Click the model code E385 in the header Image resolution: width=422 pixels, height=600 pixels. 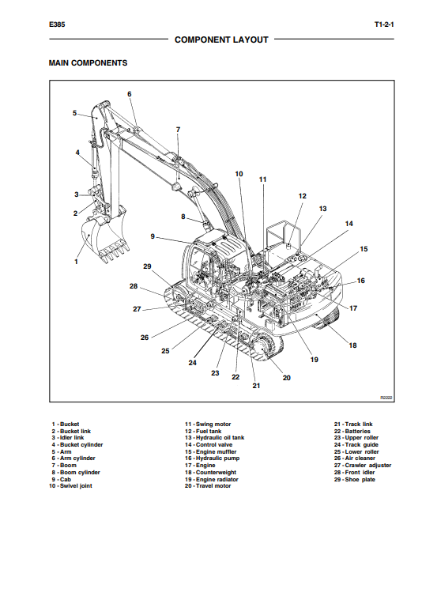pos(57,25)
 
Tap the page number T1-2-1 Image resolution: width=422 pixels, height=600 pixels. pos(384,25)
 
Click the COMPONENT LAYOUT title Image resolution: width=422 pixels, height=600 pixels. pos(221,40)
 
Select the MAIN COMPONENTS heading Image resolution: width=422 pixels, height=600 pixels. pos(88,63)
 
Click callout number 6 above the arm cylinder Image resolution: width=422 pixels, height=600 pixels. pos(130,94)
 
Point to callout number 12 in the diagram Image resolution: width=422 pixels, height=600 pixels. pos(302,196)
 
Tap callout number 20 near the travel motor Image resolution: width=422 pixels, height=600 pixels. pos(287,378)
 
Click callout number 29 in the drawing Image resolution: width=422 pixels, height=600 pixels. pos(147,266)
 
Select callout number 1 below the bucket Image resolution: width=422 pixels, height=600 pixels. pos(76,262)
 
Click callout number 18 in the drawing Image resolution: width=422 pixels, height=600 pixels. pos(352,345)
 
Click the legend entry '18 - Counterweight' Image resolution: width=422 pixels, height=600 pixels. pos(210,473)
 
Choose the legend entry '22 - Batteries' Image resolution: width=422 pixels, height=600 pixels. pos(352,432)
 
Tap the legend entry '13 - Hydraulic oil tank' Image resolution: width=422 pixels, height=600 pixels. pos(214,438)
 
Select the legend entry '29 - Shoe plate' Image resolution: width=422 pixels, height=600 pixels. pos(354,480)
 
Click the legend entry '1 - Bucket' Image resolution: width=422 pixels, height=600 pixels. pos(66,424)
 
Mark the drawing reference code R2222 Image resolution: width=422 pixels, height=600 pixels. pos(386,398)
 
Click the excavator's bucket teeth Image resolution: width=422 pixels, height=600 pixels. pos(114,252)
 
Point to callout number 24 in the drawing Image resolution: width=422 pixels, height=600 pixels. pos(193,363)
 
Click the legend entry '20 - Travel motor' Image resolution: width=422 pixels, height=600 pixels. pos(208,486)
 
